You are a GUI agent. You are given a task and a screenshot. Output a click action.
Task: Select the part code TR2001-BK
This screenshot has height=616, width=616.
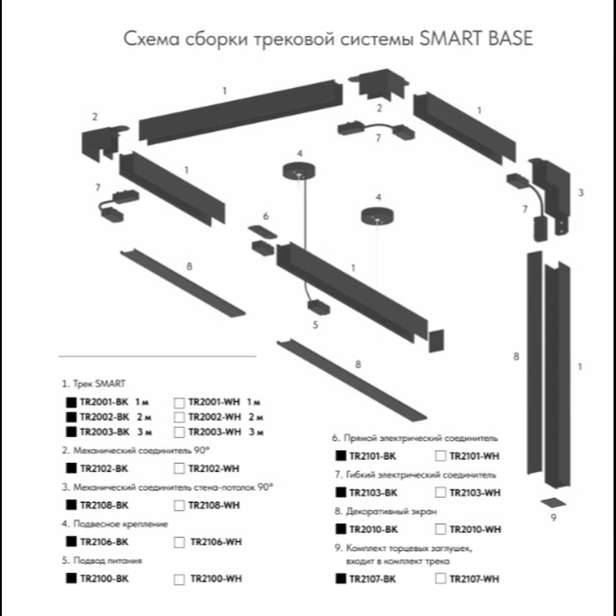pyautogui.click(x=104, y=402)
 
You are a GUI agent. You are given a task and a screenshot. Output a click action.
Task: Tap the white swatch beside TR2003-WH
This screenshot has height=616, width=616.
pyautogui.click(x=179, y=432)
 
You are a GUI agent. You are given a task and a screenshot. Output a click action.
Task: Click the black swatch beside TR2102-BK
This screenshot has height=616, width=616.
pyautogui.click(x=71, y=468)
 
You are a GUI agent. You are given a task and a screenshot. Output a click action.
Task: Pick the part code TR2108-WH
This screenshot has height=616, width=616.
pyautogui.click(x=214, y=505)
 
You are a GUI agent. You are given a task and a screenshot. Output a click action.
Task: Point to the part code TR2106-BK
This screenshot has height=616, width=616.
pyautogui.click(x=104, y=542)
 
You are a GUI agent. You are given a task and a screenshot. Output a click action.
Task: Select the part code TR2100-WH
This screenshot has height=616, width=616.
pyautogui.click(x=216, y=578)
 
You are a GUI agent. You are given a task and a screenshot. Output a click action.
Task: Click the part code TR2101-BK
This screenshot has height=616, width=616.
pyautogui.click(x=373, y=456)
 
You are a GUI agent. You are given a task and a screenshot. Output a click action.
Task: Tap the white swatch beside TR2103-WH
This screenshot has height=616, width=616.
pyautogui.click(x=440, y=492)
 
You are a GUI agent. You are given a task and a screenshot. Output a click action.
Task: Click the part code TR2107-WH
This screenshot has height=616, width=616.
pyautogui.click(x=474, y=579)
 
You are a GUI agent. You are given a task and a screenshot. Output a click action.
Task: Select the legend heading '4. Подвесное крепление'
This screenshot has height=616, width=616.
pyautogui.click(x=115, y=524)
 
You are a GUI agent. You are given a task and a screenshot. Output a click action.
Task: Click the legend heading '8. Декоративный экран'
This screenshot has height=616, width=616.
pyautogui.click(x=386, y=511)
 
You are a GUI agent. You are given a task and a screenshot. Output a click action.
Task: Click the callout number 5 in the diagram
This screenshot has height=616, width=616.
pyautogui.click(x=315, y=325)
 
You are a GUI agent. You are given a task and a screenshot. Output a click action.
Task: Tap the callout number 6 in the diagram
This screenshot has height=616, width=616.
pyautogui.click(x=265, y=216)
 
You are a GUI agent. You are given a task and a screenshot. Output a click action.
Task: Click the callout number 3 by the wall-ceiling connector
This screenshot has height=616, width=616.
pyautogui.click(x=581, y=192)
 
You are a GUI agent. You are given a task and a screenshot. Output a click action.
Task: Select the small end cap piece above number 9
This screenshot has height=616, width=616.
pyautogui.click(x=553, y=503)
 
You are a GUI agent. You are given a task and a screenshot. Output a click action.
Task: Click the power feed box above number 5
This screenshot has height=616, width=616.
pyautogui.click(x=318, y=308)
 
